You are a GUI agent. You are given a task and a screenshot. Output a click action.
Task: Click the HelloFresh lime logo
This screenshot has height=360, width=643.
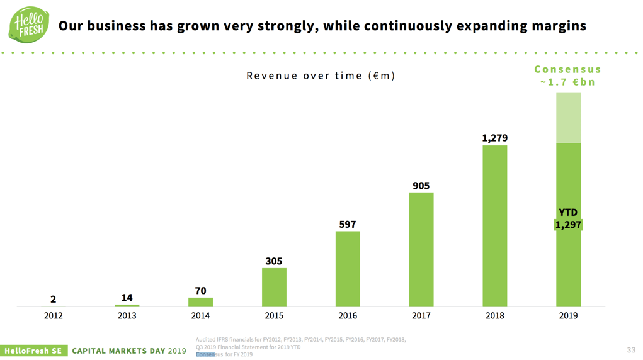[29, 25]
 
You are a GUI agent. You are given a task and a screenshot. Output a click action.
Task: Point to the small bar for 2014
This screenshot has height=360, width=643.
[200, 302]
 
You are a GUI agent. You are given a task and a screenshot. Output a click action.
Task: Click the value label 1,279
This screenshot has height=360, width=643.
[494, 138]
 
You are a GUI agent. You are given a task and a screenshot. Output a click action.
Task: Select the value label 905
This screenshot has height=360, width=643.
[421, 186]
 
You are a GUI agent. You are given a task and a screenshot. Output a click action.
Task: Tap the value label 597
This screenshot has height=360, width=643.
[348, 224]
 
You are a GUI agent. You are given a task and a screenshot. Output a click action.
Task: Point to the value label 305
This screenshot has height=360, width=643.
[274, 261]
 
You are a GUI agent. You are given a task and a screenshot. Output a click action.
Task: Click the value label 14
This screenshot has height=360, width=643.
[127, 298]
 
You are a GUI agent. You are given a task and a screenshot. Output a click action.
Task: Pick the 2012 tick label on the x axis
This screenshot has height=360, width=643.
[54, 316]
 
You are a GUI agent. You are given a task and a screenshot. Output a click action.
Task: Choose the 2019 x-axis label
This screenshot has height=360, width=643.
[568, 316]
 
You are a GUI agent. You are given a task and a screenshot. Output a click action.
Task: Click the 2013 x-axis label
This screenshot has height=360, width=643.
[127, 316]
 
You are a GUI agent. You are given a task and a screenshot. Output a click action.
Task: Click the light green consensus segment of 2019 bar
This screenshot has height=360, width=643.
[568, 118]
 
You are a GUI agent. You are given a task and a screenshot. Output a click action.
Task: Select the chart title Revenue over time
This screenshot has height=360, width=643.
[321, 76]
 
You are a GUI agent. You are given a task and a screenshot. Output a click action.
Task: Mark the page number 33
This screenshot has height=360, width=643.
[631, 350]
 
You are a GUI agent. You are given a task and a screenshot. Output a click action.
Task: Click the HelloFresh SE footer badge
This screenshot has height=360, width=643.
[33, 351]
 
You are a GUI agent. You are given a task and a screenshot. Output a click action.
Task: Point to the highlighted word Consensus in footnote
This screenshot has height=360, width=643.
[205, 354]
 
